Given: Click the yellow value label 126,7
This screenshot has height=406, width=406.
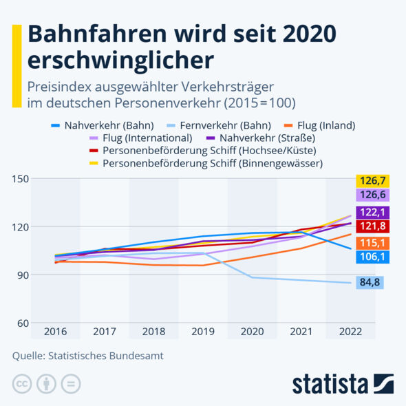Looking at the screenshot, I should coord(372,181).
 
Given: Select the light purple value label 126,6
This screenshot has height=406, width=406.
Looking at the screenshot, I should coord(372,195).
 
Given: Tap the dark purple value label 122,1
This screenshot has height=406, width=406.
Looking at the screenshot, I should coord(372,212).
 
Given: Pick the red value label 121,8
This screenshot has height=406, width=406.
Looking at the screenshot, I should coord(372,226).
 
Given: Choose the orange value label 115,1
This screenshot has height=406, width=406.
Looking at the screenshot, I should coord(372,242).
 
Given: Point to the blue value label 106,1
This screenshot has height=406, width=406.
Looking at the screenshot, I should coord(372,257).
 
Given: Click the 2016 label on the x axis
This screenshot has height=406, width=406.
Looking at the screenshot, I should coord(56,332).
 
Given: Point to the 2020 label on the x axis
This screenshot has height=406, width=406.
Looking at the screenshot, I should coord(252,332).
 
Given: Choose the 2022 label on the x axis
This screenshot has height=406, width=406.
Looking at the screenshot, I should coord(350,332).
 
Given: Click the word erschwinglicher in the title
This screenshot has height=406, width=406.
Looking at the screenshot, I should coord(120,60).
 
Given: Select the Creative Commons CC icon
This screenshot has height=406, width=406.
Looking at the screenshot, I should coord(22,384).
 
